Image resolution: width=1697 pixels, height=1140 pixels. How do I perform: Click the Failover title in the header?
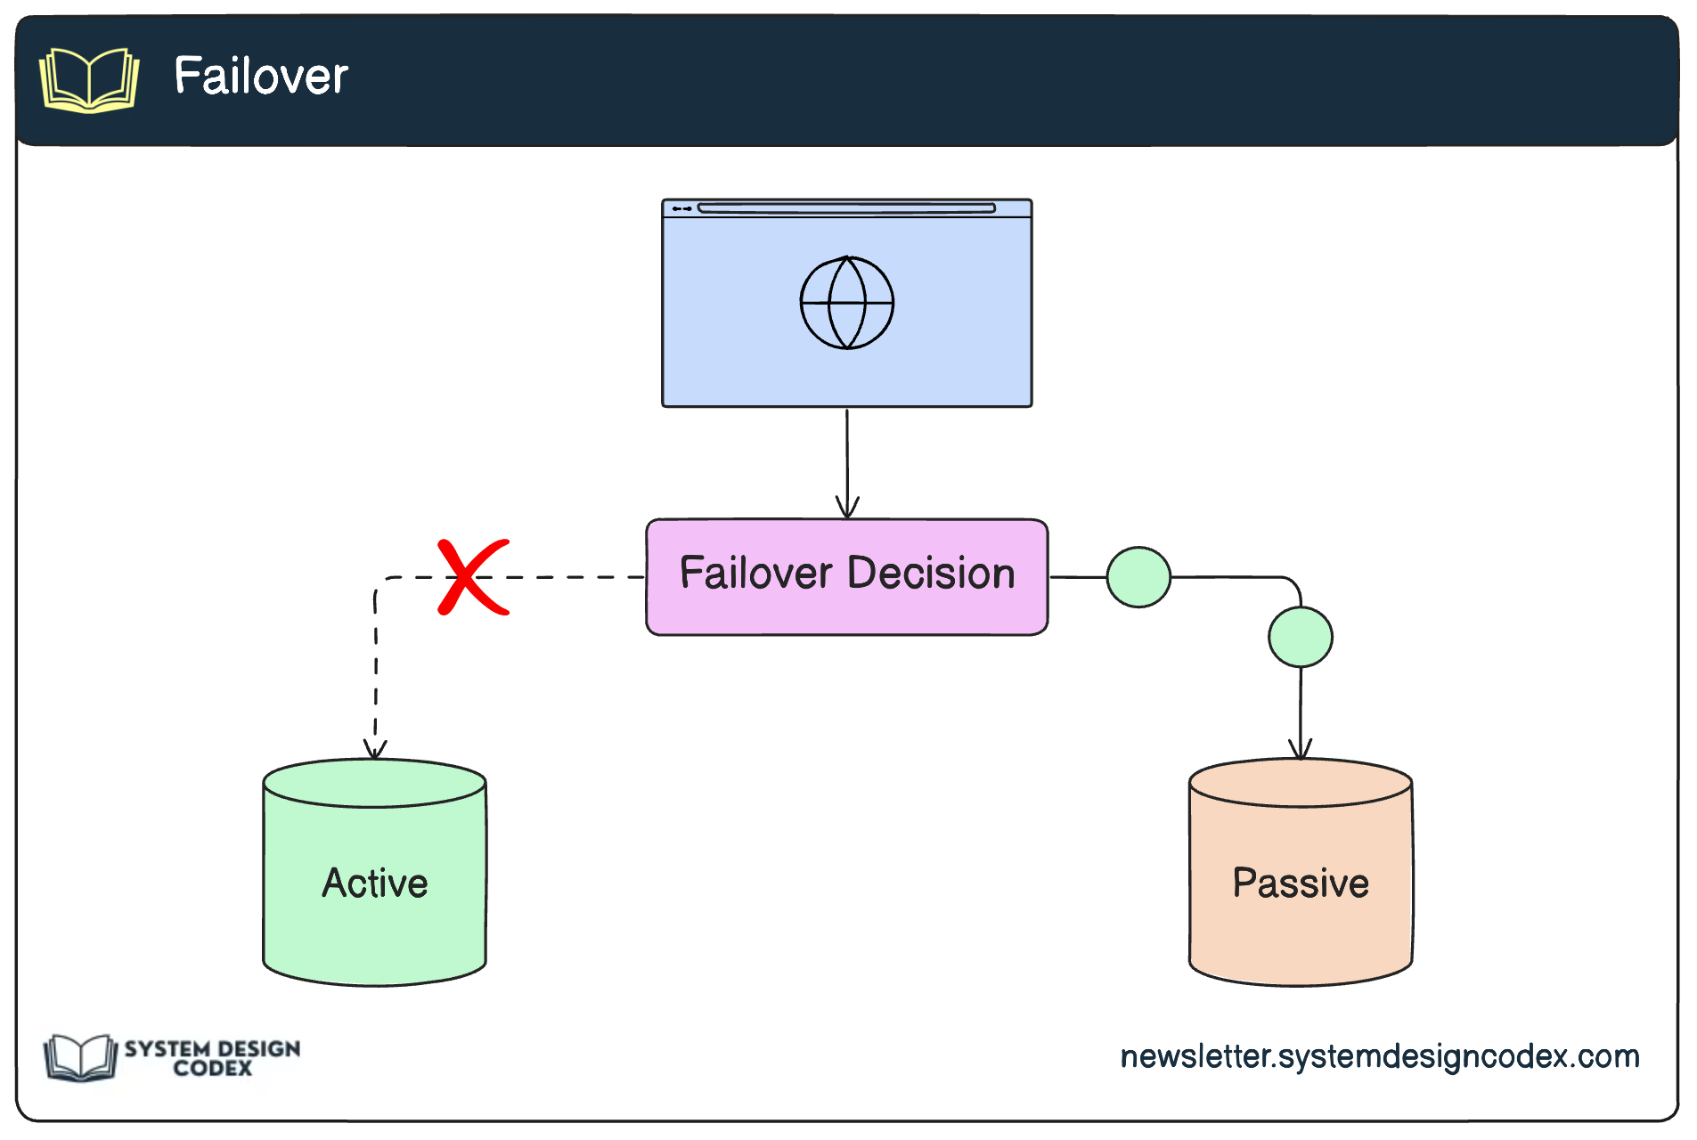[260, 76]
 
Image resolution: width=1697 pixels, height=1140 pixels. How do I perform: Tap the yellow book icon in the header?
[89, 80]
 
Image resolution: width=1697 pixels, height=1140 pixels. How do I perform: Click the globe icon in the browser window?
[846, 303]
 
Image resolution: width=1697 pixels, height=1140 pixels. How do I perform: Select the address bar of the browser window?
[846, 208]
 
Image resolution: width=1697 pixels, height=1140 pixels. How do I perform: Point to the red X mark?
[473, 577]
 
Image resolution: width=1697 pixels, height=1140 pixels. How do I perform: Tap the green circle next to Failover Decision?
[1138, 577]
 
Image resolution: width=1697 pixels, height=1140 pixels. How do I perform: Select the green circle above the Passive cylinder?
[1301, 637]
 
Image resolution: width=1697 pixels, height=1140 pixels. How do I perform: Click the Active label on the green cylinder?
[375, 883]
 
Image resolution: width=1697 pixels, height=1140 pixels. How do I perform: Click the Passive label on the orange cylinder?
[1301, 883]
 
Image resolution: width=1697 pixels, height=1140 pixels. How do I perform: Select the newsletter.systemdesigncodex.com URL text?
[1379, 1056]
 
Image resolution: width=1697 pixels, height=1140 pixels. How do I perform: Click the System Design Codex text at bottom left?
[212, 1058]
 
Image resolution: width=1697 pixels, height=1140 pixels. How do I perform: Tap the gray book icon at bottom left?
[80, 1058]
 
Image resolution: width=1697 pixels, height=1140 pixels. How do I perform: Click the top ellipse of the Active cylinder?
[375, 784]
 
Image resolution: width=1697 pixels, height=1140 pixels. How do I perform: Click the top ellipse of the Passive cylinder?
[1301, 784]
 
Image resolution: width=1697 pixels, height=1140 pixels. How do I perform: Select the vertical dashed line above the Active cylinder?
[376, 668]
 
